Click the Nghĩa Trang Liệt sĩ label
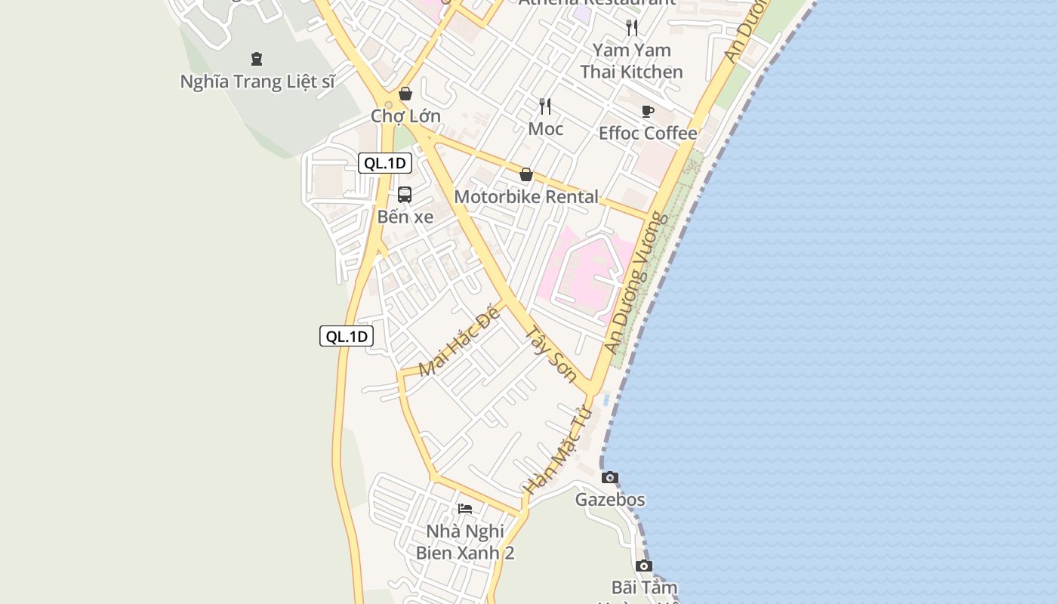tap(257, 82)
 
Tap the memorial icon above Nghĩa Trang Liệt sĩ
tap(257, 58)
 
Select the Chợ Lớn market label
tap(405, 116)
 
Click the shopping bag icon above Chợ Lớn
tap(405, 94)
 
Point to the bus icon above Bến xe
tap(405, 195)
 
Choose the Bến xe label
tap(405, 217)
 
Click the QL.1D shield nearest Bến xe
tap(384, 163)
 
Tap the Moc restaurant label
tap(545, 129)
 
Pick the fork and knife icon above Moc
tap(545, 106)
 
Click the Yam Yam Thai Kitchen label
tap(631, 61)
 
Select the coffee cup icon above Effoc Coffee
tap(648, 112)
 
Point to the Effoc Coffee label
tap(648, 134)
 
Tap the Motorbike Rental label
tap(526, 197)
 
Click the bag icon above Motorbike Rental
tap(526, 175)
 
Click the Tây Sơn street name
tap(551, 353)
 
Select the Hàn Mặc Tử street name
tap(557, 451)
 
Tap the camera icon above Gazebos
tap(610, 477)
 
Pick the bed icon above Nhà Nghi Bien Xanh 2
tap(465, 509)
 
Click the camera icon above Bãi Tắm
tap(644, 565)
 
